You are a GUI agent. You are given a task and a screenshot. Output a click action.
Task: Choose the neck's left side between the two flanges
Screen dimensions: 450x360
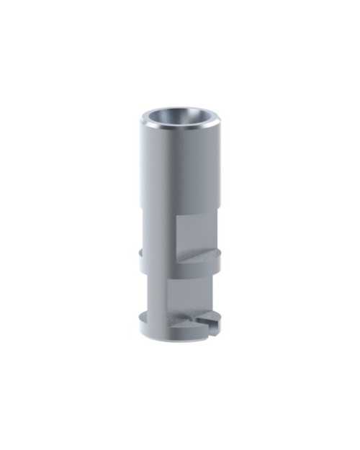click(147, 288)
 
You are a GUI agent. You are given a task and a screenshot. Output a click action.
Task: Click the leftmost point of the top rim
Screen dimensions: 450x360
click(140, 119)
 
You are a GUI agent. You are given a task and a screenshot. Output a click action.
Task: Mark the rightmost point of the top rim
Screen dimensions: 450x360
click(220, 120)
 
